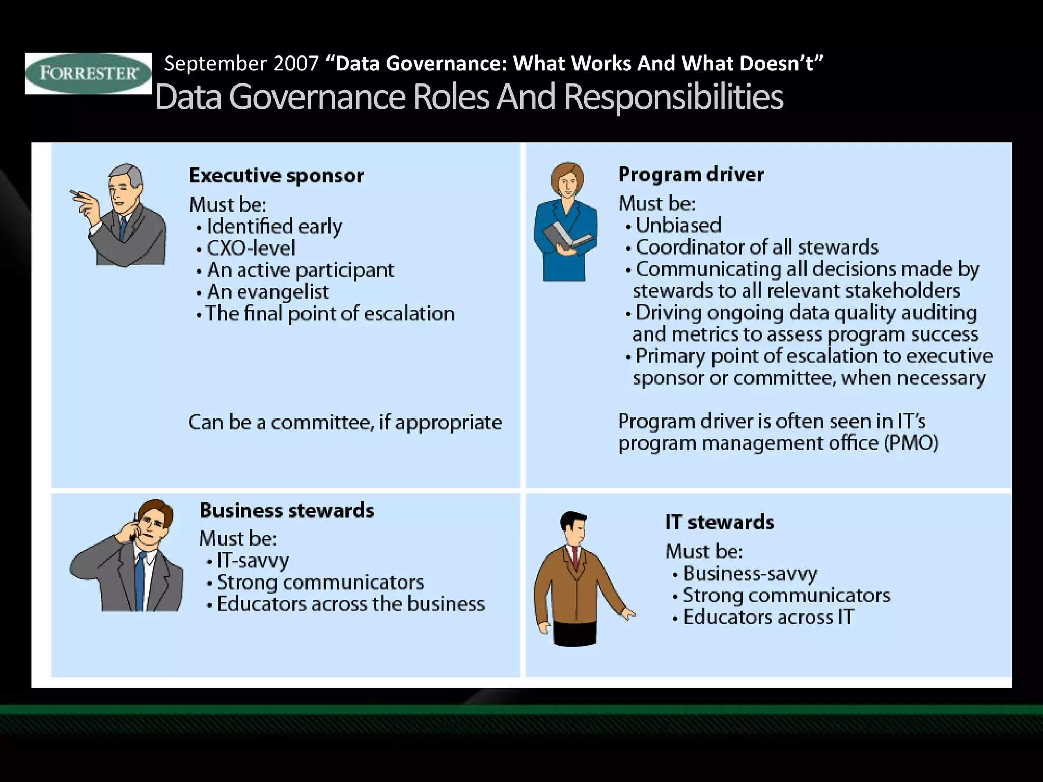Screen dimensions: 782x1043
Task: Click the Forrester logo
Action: (x=88, y=73)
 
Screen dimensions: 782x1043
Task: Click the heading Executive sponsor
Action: (x=276, y=175)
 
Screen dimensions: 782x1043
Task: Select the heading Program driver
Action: (x=691, y=174)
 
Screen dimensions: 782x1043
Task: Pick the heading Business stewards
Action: (x=287, y=510)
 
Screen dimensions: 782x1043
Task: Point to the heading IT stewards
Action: (x=719, y=522)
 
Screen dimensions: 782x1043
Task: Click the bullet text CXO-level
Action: (x=251, y=248)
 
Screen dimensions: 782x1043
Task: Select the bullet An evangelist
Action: (x=267, y=292)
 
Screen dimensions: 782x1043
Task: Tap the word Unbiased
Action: (x=678, y=225)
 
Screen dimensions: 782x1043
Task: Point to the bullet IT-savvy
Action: (x=253, y=560)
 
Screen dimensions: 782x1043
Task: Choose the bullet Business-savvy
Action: (x=750, y=573)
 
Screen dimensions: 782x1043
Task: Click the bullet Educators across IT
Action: (x=768, y=617)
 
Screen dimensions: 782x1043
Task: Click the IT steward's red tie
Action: (x=575, y=557)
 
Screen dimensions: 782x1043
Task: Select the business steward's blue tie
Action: (x=140, y=580)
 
